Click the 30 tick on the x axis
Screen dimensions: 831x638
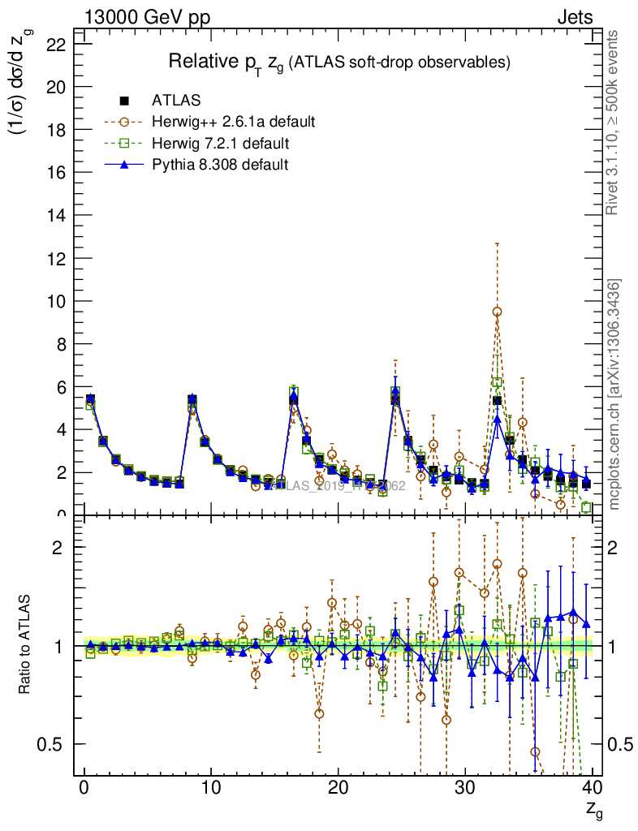tap(465, 786)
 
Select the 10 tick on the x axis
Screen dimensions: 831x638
tap(211, 786)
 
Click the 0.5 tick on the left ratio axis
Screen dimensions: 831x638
tap(55, 744)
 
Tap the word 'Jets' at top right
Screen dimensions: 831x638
tap(574, 17)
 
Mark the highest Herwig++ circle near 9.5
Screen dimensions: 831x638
tap(497, 312)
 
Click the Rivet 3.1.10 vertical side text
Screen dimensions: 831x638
tap(614, 122)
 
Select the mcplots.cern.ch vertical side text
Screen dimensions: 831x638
tap(614, 394)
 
